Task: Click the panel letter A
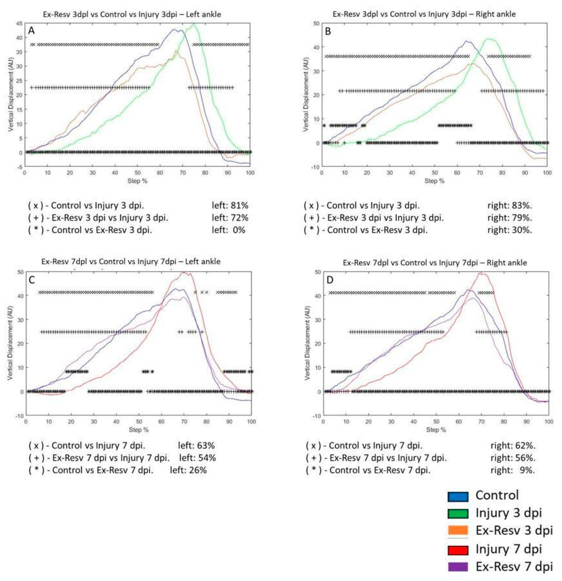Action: pos(31,31)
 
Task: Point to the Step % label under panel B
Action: pos(435,181)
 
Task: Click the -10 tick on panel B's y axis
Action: pos(315,167)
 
